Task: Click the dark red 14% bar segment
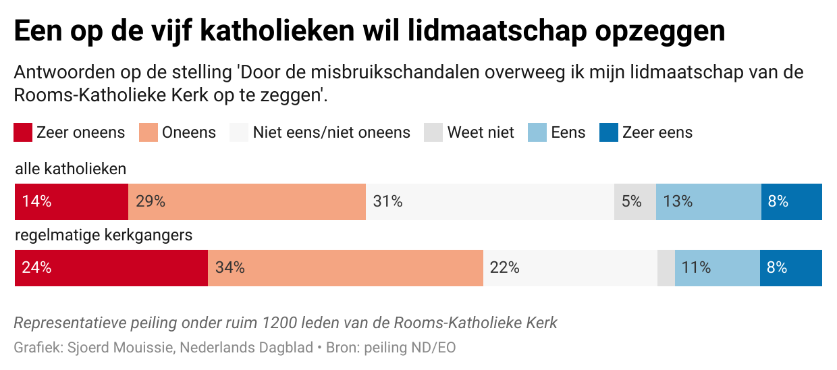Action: [71, 201]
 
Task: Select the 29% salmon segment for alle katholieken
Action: [246, 201]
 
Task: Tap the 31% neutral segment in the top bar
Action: [489, 201]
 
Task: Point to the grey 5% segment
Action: [634, 201]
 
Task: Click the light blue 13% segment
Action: [708, 201]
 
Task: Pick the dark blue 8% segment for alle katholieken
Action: [791, 201]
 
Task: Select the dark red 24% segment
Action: [111, 267]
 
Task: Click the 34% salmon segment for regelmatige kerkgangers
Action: [345, 267]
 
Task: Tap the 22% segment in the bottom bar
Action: [570, 267]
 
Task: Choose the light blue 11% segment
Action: [717, 267]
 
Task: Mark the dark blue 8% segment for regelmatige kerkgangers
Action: [790, 267]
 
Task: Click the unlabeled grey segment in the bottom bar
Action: [666, 267]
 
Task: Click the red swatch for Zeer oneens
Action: [23, 132]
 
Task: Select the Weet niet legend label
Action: [481, 132]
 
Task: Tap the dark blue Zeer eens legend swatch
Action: [608, 132]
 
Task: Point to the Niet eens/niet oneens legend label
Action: [331, 132]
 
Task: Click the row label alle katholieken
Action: [71, 169]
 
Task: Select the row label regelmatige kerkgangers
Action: [104, 236]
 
